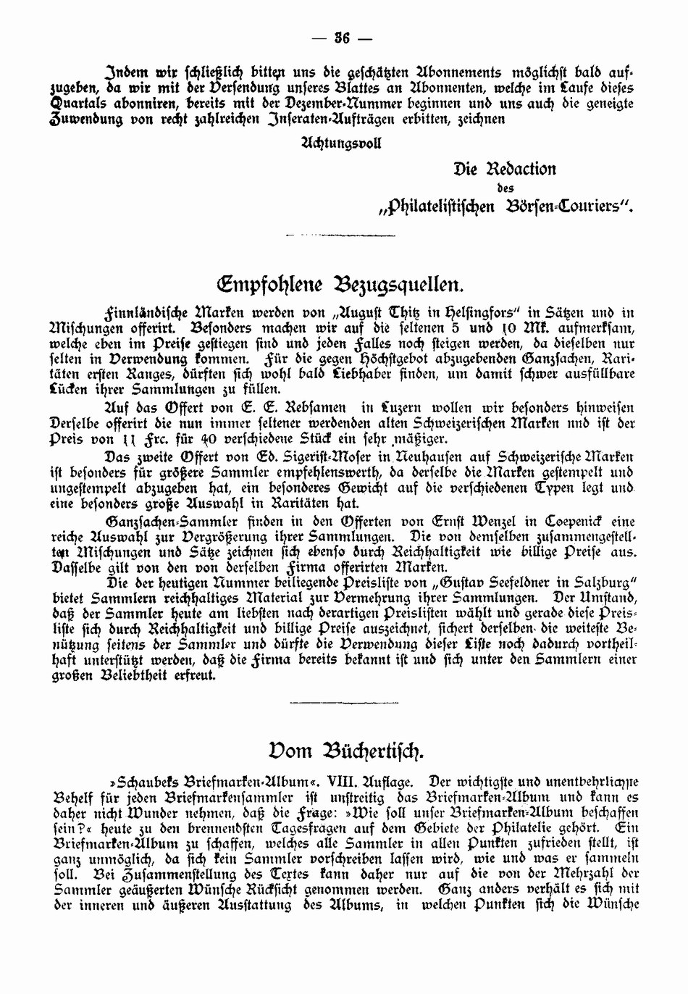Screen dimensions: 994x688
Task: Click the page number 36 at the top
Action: tap(343, 38)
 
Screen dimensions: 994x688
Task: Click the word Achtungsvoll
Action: tap(340, 142)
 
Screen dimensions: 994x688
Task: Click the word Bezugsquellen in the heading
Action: tap(399, 283)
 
